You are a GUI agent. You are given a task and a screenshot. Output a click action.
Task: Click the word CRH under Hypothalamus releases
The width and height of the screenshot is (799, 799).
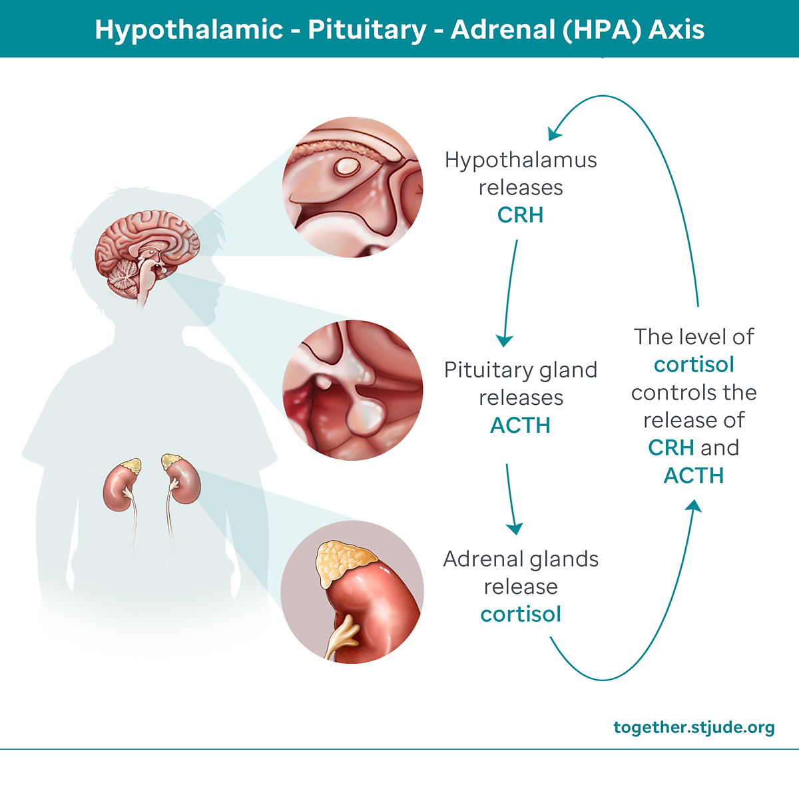click(x=520, y=215)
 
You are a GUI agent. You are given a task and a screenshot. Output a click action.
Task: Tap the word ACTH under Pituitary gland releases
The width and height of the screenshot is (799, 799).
click(x=520, y=425)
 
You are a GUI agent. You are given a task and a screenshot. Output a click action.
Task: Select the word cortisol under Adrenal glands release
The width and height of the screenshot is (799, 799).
click(x=521, y=614)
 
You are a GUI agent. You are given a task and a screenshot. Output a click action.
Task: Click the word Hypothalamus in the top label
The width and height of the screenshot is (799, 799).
click(x=521, y=160)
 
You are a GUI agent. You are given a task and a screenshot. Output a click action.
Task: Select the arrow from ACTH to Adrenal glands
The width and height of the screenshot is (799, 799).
click(x=511, y=499)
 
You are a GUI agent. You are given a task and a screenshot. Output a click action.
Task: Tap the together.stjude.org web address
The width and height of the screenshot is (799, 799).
click(x=694, y=727)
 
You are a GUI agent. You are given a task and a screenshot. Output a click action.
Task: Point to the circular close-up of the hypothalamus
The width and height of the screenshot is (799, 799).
click(x=353, y=187)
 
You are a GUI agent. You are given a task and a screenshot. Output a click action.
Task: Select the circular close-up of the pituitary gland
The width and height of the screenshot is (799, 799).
click(x=353, y=390)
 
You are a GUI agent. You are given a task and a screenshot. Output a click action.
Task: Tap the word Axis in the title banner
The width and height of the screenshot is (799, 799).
click(x=676, y=30)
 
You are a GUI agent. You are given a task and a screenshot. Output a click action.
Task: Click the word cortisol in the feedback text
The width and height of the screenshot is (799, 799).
click(x=694, y=365)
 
